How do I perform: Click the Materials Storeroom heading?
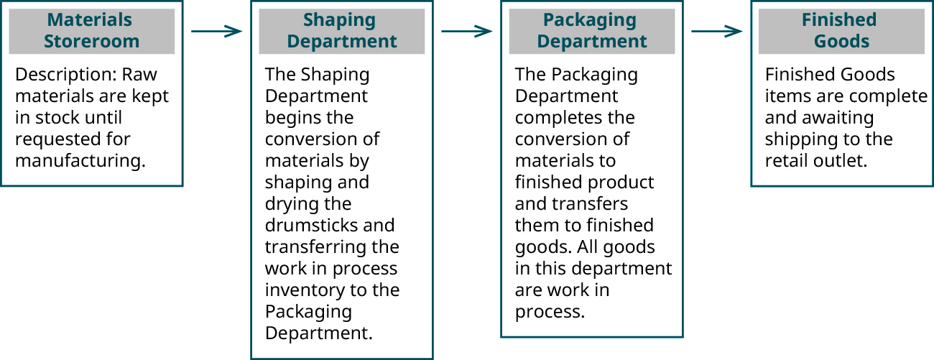(91, 30)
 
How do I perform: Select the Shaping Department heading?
(341, 30)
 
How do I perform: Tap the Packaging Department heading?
(591, 30)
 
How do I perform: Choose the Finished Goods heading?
(841, 30)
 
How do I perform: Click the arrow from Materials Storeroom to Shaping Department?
(216, 31)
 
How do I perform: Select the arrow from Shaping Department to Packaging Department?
(466, 31)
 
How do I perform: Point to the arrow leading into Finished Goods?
(716, 31)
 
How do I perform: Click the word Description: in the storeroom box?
(65, 75)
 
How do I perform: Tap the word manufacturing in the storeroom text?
(79, 161)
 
